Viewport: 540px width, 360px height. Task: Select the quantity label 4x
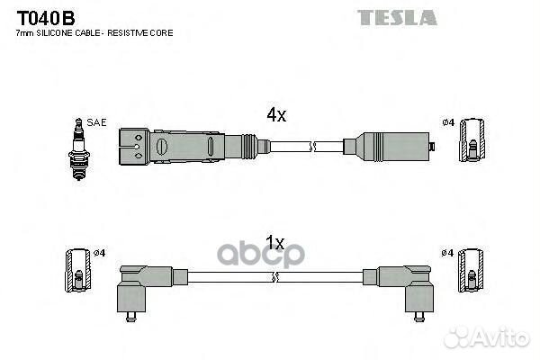click(276, 115)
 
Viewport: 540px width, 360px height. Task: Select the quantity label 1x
click(275, 243)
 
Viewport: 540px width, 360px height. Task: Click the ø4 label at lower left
click(100, 253)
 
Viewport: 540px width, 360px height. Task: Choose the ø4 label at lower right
click(447, 254)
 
